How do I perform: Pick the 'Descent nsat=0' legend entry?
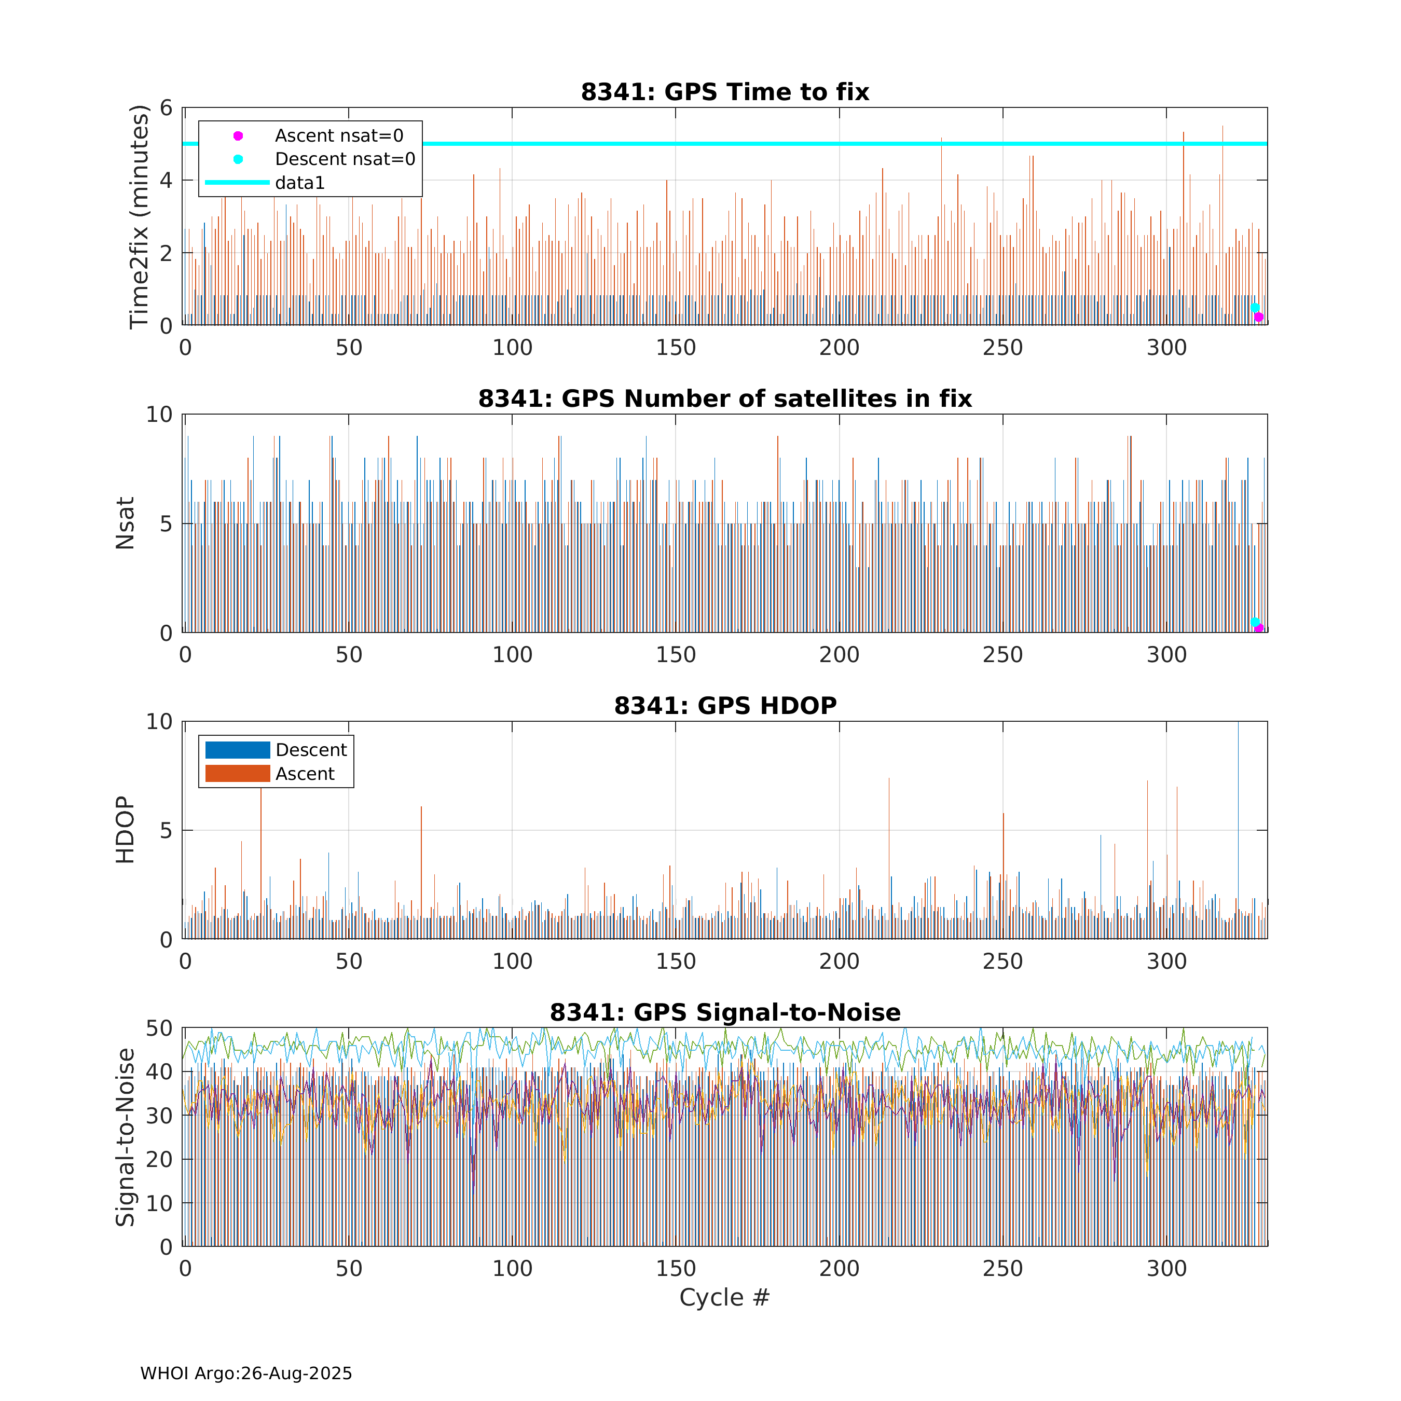tap(345, 159)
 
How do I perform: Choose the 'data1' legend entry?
tap(299, 183)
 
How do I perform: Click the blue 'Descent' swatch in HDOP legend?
tap(237, 750)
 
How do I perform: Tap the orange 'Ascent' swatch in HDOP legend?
tap(237, 774)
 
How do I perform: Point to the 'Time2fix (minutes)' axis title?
tap(139, 217)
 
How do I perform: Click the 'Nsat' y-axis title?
tap(126, 523)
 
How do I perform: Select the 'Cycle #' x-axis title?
tap(724, 1297)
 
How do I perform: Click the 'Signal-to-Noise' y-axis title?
tap(126, 1137)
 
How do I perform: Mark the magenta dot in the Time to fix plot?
tap(1259, 317)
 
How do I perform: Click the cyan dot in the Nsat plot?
tap(1255, 622)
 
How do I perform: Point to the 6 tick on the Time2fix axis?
tap(167, 108)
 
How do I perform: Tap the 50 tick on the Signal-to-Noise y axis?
tap(159, 1028)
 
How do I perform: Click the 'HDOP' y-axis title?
tap(126, 830)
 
